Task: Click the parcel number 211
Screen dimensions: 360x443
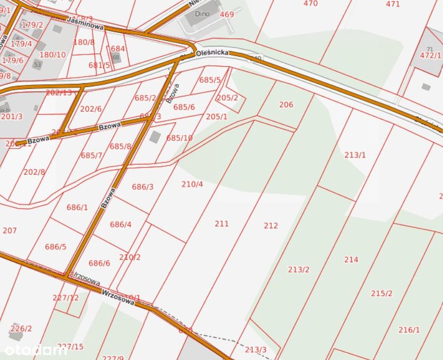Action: pos(222,224)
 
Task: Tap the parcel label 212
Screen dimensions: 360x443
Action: pos(271,226)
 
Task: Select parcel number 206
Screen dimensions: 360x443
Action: pos(286,105)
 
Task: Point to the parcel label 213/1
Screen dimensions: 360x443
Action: pos(355,155)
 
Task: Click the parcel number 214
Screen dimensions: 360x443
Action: pos(351,260)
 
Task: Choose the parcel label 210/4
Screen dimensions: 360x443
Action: pos(192,184)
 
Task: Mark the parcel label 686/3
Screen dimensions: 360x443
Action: pos(143,187)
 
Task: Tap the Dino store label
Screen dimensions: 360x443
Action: pos(202,14)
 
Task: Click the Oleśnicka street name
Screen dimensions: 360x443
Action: pos(211,52)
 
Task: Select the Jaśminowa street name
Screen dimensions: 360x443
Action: pos(85,24)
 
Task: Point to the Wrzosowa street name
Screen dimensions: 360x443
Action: pos(118,295)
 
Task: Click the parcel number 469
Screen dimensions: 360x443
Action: pos(227,14)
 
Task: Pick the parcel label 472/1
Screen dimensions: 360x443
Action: pos(430,56)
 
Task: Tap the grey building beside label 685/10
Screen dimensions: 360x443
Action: pos(154,137)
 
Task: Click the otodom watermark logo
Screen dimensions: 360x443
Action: pos(33,351)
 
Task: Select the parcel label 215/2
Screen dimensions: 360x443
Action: pos(381,294)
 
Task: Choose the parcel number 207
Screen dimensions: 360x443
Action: pos(10,231)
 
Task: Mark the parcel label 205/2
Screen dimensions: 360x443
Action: pos(227,98)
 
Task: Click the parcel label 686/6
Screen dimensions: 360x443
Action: pos(99,263)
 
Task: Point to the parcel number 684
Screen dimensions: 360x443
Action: pos(118,49)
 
